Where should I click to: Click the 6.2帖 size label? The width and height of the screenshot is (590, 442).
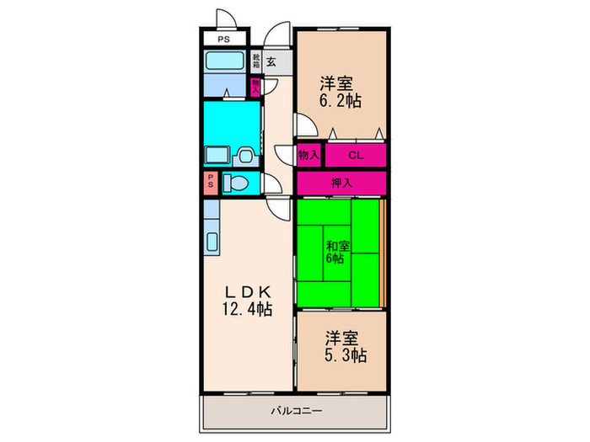point(341,102)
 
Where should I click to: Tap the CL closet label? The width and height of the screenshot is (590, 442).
point(356,155)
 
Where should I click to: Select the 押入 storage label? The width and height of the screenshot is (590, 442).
point(341,182)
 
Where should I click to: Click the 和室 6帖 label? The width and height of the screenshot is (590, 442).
point(338,251)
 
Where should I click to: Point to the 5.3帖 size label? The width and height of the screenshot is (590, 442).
point(346,356)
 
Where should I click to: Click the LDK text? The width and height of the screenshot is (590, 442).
point(248,291)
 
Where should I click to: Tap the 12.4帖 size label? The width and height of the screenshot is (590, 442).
point(248,311)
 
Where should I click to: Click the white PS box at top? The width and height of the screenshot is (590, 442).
point(223,39)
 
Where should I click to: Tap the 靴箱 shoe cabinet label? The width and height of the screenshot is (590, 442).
point(255,61)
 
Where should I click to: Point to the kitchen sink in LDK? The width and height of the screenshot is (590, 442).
point(211,240)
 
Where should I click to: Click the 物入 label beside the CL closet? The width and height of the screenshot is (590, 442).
point(308,155)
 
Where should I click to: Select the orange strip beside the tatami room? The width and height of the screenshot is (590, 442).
point(383,253)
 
